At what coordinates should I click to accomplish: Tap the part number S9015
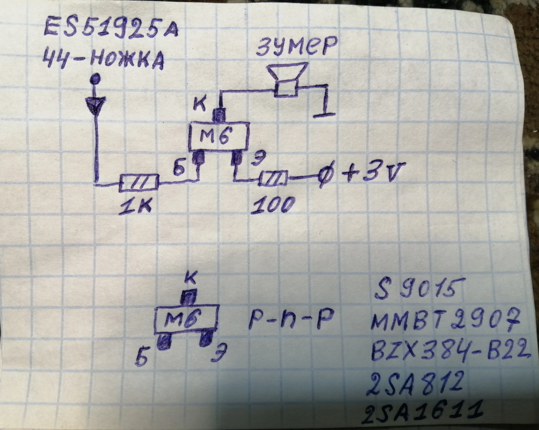tap(416, 290)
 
